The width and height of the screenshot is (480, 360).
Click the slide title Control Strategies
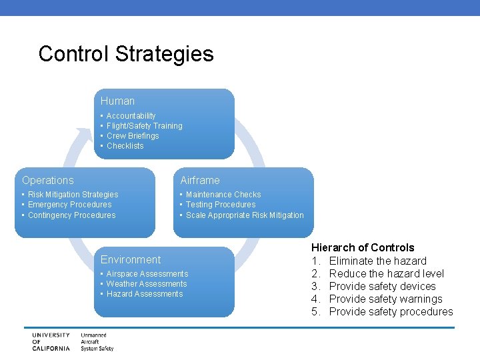(126, 53)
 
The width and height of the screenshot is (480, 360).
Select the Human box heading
(117, 101)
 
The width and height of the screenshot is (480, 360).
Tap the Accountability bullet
(131, 116)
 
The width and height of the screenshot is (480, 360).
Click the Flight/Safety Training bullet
(144, 126)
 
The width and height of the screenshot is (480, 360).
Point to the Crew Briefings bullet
(133, 136)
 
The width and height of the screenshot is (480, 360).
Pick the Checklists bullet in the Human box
(125, 146)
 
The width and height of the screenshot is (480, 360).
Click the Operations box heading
(48, 181)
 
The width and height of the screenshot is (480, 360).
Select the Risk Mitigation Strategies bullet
(73, 195)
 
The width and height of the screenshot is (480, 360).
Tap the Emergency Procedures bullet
(69, 205)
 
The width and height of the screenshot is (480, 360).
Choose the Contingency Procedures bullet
(71, 215)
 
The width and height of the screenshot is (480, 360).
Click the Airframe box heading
(199, 181)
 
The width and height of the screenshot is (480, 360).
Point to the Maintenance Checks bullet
(223, 195)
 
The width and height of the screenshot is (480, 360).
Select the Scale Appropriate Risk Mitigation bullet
(244, 215)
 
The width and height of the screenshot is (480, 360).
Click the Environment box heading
(131, 260)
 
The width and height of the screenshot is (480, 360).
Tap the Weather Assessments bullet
(146, 284)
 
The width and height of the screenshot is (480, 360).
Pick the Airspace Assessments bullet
(147, 274)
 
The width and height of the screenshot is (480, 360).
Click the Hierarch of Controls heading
(363, 248)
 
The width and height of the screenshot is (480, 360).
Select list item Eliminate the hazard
(377, 261)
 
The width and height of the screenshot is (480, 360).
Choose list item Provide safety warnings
(385, 299)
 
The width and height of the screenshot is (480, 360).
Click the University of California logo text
(50, 341)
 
